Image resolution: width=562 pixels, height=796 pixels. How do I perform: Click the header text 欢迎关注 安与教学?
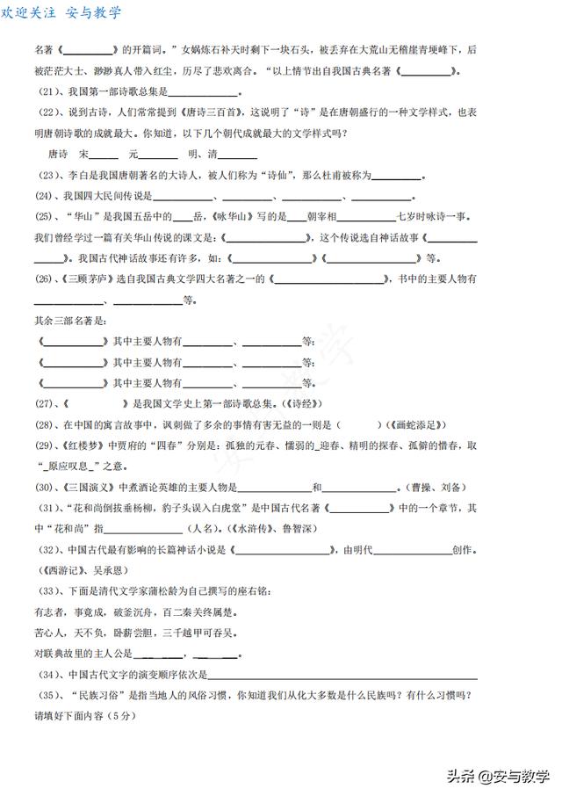[x=61, y=12]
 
